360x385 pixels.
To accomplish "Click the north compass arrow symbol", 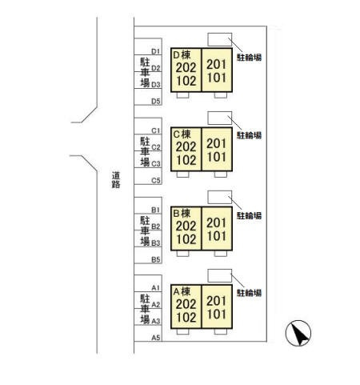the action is (298, 333).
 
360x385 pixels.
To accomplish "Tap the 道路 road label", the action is (116, 180).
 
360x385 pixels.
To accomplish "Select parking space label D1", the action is (156, 51).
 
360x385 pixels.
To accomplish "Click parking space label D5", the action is (156, 102).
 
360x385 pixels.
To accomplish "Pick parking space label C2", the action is (156, 147).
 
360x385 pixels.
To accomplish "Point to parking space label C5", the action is (156, 181).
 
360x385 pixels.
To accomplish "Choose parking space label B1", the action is (156, 210).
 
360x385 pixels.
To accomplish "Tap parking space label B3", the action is (156, 243).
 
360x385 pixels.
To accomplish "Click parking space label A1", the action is (156, 288).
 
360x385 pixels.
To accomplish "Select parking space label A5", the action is (156, 338).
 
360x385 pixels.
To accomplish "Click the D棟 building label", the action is (182, 55).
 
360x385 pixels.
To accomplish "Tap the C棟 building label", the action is (182, 134).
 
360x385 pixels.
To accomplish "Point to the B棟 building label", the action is (182, 214).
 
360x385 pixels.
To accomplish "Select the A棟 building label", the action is (182, 291).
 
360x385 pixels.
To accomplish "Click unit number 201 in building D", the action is (216, 64).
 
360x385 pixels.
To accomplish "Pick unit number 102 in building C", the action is (186, 160).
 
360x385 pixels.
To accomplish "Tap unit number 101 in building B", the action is (216, 236).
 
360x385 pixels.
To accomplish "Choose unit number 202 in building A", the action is (186, 304).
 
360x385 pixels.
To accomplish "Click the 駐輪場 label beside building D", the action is (249, 58).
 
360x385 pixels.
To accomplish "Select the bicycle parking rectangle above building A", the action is (220, 275).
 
